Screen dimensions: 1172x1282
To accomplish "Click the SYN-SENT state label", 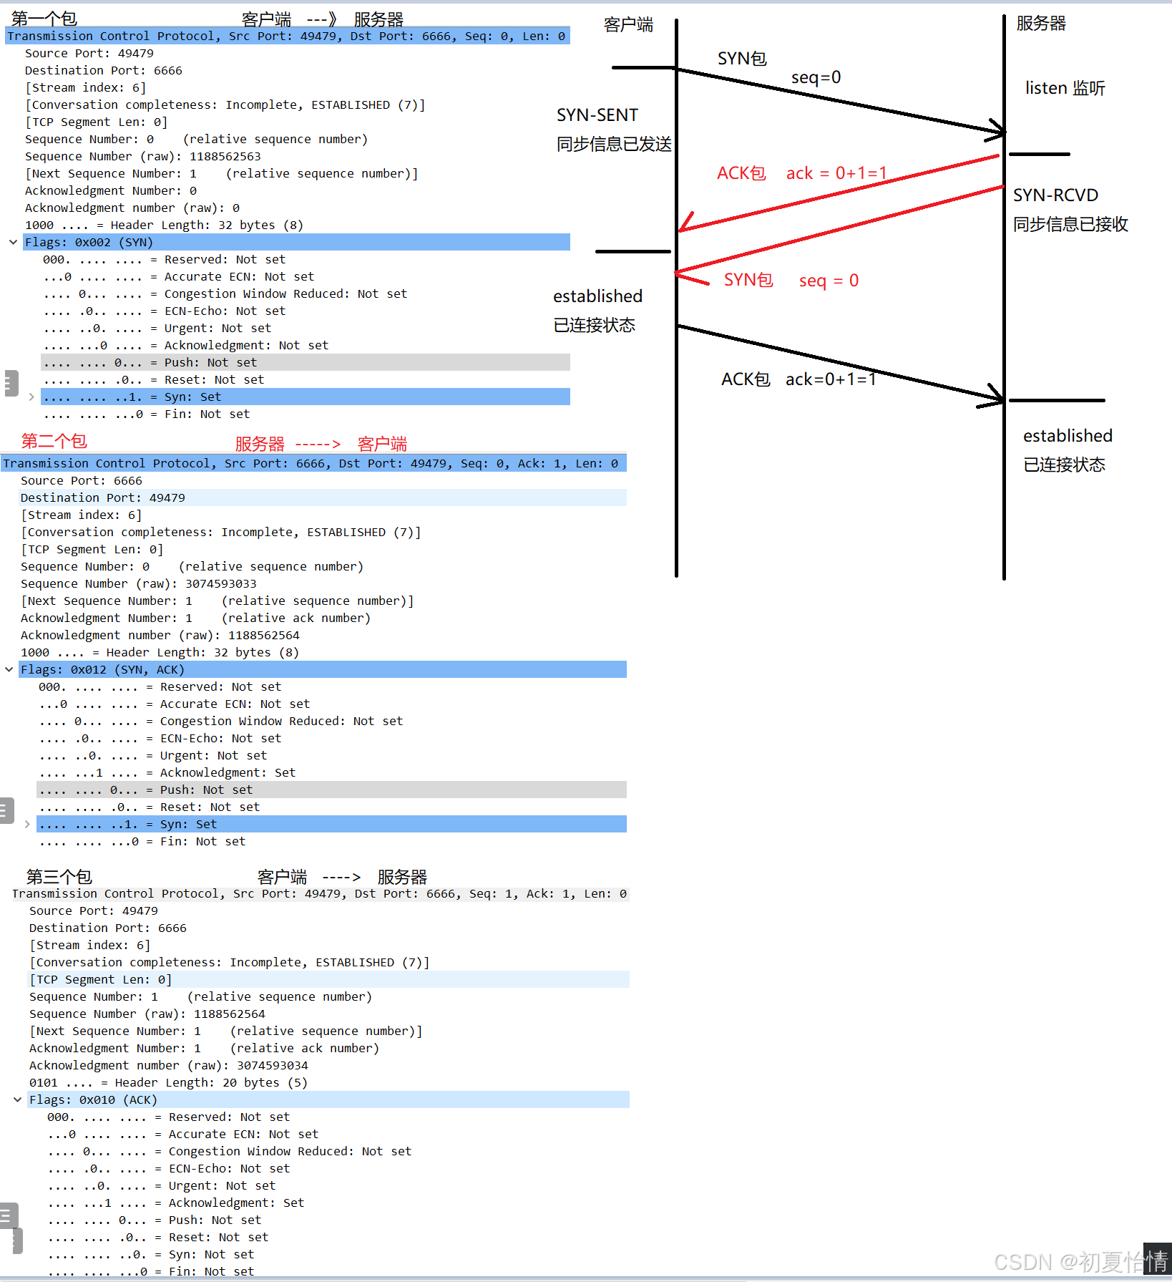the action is (597, 115).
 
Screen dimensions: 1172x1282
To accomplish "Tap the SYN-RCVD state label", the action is (1055, 195).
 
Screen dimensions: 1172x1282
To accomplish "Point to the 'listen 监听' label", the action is (1065, 88).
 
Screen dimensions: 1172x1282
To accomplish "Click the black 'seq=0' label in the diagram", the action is (816, 77).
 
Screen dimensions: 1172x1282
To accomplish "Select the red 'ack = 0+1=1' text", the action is (836, 173).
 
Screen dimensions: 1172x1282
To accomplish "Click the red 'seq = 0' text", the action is (829, 281).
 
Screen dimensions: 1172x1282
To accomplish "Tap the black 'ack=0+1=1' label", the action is (830, 379).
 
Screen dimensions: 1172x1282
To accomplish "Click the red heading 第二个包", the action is (54, 441).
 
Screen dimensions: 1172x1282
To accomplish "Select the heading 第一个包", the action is (44, 19).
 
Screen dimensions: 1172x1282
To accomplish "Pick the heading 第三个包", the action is (59, 877).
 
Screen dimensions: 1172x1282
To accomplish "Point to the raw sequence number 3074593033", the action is (220, 584).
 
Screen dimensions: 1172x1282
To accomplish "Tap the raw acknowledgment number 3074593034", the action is (272, 1066).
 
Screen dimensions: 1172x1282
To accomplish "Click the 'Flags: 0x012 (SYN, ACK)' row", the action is (102, 670).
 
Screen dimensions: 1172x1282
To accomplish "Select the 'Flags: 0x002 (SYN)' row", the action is (89, 243).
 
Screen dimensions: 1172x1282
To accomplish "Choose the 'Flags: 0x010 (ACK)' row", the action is (93, 1100).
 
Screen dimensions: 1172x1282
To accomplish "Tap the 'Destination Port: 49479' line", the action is (102, 498).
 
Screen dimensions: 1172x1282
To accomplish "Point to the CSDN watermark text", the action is (1080, 1261).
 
